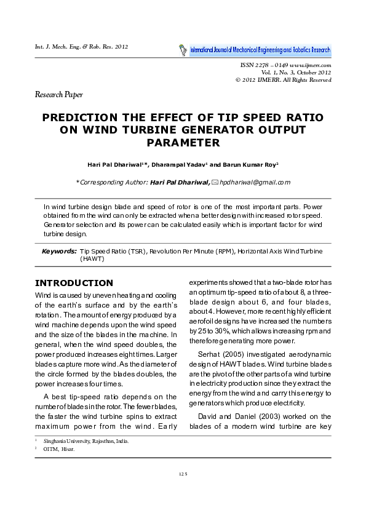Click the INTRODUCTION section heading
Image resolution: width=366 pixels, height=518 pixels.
(x=74, y=283)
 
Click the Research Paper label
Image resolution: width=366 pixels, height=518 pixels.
(x=58, y=95)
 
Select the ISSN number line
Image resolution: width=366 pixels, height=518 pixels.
(x=284, y=65)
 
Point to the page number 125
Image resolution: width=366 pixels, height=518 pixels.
(x=183, y=474)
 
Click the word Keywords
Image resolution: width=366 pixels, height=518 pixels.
(x=59, y=252)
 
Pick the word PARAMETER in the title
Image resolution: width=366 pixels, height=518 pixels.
(x=183, y=143)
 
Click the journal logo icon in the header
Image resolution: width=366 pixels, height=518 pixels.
(x=183, y=49)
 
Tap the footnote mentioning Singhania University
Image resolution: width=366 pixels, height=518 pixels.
(x=85, y=441)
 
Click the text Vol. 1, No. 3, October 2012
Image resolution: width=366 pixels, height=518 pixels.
(x=296, y=72)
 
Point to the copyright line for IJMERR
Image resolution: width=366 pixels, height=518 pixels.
(x=284, y=80)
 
